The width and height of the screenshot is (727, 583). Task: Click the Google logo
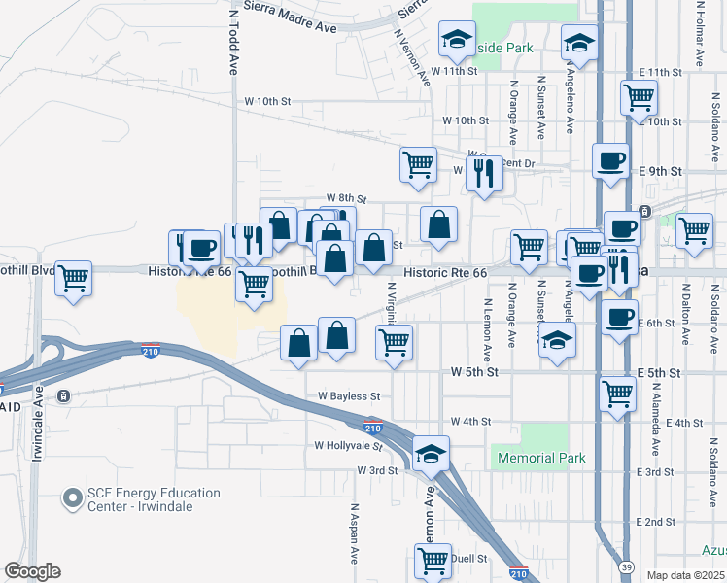coord(32,571)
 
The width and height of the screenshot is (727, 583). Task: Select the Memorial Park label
coord(541,458)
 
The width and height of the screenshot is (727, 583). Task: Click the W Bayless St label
coord(348,396)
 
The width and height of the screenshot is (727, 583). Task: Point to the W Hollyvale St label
coord(348,445)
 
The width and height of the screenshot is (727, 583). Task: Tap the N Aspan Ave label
coord(356,533)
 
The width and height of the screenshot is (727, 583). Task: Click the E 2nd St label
coord(655,522)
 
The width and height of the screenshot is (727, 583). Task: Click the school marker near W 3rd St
coord(431,454)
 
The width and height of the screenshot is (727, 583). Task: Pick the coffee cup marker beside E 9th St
coord(610,160)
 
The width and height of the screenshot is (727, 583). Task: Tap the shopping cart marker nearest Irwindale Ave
coord(74,278)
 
